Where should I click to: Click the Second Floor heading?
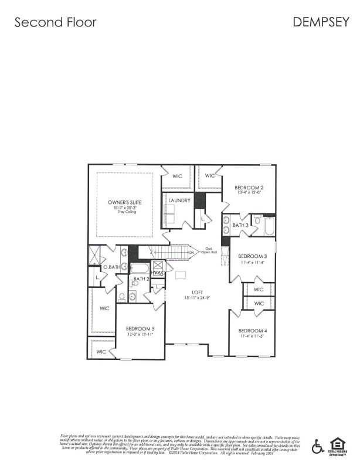click(55, 22)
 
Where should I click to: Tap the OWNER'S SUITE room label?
click(124, 202)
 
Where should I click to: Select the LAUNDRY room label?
click(179, 200)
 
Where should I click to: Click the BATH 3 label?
click(240, 225)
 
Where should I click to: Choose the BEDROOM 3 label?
click(253, 256)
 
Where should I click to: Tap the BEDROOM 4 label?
click(253, 331)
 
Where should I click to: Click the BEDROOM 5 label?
click(140, 328)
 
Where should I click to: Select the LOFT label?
click(197, 292)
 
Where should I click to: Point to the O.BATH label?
click(111, 267)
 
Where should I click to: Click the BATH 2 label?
click(141, 279)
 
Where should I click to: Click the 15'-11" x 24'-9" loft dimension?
click(197, 298)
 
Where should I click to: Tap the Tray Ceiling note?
click(124, 212)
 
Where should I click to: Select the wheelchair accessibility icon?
click(318, 446)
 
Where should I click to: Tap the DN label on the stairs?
click(191, 253)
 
